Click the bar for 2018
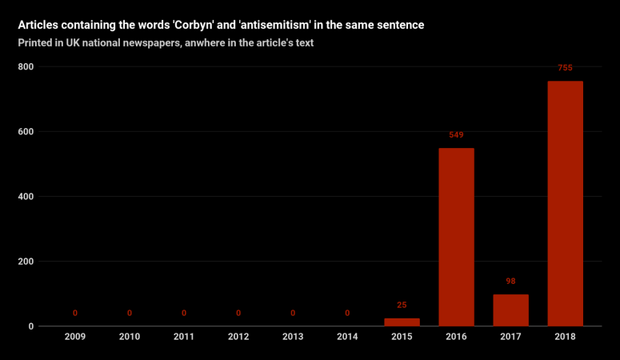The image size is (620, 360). pos(565,203)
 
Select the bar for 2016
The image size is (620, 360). pos(456,237)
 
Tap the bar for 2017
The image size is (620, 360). pos(510,310)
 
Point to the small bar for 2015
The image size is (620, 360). pos(402,322)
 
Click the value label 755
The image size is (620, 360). pos(565,68)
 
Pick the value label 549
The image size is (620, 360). pos(456,134)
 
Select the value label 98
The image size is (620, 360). pos(510,282)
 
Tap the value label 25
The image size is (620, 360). pos(402,305)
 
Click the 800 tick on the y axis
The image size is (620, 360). pos(26,66)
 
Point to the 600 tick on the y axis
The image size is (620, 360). pos(26,131)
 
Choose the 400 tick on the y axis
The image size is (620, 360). pos(26,197)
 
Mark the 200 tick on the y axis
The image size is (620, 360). pos(26,262)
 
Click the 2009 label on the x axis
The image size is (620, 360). pos(75,337)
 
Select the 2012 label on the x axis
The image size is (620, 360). pos(238,337)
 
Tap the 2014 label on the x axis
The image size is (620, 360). pos(347,337)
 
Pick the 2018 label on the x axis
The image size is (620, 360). pos(565,337)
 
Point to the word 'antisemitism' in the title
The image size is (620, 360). pos(275,26)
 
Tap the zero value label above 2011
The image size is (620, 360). pos(184,314)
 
